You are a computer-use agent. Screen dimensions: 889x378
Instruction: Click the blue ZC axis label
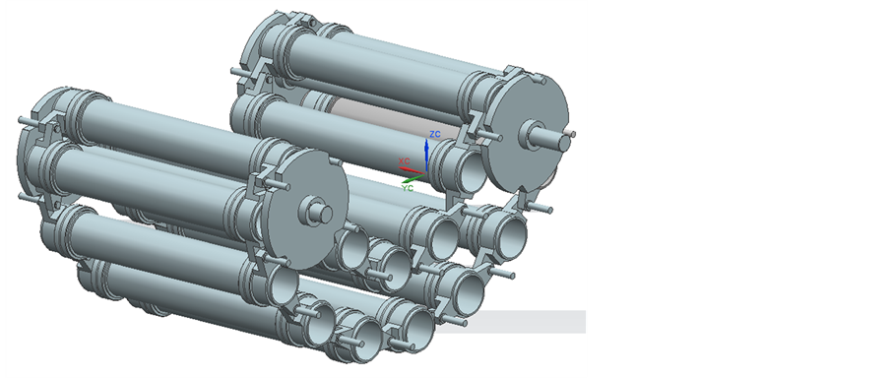[435, 134]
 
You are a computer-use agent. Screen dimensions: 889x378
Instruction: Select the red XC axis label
[405, 161]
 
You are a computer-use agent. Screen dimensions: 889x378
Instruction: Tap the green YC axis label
[407, 188]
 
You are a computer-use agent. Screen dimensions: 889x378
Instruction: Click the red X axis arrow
[412, 169]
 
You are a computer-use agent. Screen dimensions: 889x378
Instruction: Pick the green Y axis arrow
[413, 178]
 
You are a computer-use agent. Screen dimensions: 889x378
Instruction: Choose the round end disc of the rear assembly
[526, 133]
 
